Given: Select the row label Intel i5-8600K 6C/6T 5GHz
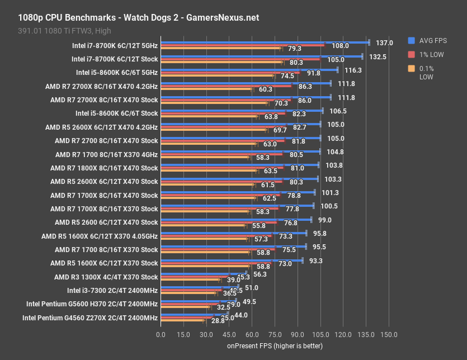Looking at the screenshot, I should [117, 73].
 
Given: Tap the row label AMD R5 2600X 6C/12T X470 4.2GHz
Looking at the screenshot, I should [104, 127].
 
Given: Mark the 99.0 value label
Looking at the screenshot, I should [325, 220].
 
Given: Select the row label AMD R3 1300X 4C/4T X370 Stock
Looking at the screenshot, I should [106, 277].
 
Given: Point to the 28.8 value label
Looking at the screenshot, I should [202, 322].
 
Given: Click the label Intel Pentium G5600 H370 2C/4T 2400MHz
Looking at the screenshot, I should [92, 304].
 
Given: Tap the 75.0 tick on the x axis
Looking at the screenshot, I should [275, 334].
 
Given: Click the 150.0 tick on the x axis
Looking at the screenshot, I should [389, 334].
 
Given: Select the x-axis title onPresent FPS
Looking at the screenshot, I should [275, 345].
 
